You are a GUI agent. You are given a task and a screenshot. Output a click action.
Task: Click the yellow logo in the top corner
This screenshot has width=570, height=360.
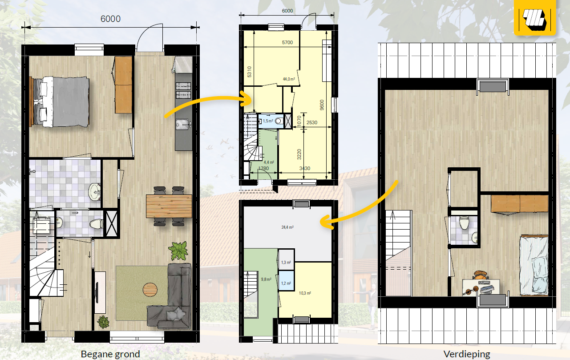coord(535,17)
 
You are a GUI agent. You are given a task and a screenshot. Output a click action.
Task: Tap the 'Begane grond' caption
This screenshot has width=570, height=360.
coord(110,354)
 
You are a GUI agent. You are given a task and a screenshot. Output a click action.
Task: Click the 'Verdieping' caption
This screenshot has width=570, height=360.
coord(467,354)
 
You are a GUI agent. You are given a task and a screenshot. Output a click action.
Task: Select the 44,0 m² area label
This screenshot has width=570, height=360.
coord(289,79)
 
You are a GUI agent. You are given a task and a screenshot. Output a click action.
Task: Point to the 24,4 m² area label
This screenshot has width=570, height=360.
coord(287,227)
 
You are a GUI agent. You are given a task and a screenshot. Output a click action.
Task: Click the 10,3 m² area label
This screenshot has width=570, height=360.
coord(305,293)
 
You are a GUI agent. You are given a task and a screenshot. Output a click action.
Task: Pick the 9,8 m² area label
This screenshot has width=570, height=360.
coord(266,279)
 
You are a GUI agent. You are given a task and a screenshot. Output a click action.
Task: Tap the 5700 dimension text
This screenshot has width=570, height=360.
coord(287,42)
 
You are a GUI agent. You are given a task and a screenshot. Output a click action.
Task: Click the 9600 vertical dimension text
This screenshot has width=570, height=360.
coord(322,105)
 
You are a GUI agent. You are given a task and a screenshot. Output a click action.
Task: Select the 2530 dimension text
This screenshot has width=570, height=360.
coord(312,123)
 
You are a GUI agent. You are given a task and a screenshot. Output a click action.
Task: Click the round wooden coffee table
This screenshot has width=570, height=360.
coord(150,290)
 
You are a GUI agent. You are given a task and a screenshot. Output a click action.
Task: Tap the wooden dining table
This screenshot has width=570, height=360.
coord(169,206)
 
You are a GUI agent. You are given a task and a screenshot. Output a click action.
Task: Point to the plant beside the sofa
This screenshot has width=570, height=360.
coord(178,251)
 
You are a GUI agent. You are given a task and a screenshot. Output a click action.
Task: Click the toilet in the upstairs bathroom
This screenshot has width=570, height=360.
coord(464,222)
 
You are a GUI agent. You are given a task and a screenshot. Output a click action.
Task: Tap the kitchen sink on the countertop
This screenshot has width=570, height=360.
coord(183,125)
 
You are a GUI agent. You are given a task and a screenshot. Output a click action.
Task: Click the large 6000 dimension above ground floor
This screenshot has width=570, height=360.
coord(110,19)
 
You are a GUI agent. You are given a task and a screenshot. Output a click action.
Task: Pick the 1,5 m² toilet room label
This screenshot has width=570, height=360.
coord(268,121)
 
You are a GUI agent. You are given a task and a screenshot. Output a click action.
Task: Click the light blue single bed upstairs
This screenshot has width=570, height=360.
coord(534,265)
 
